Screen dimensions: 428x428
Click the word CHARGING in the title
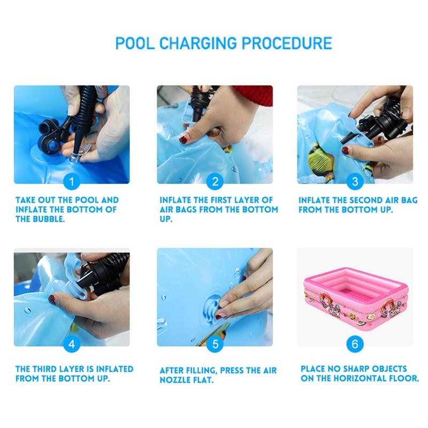(198, 43)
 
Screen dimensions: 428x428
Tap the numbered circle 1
(72, 181)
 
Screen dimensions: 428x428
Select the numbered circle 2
(215, 181)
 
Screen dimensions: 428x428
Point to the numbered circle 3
(355, 181)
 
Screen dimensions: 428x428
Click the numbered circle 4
(72, 344)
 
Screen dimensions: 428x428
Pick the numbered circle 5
(215, 344)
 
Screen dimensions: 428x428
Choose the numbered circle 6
(355, 344)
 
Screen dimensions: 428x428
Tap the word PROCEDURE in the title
(287, 43)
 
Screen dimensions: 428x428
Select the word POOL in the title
(135, 43)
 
